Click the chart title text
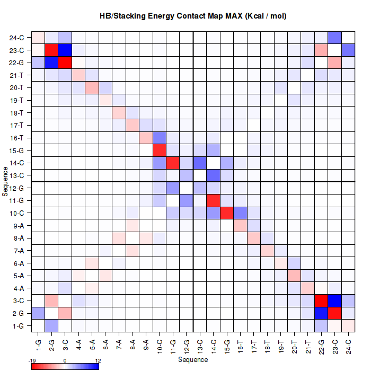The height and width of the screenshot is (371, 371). click(x=193, y=16)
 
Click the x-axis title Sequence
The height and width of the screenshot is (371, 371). click(x=193, y=360)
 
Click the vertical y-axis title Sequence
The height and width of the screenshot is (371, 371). click(x=5, y=182)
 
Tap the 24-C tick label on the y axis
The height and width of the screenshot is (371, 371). click(x=16, y=38)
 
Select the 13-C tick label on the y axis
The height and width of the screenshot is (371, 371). click(x=16, y=176)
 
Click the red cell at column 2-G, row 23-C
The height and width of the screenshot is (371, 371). click(x=51, y=51)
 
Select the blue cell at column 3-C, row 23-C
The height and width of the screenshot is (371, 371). click(x=65, y=51)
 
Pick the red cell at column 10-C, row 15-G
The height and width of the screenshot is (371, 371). click(x=160, y=151)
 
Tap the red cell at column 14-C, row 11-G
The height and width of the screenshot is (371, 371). click(x=214, y=201)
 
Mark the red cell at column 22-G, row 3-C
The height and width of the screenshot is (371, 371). click(x=322, y=301)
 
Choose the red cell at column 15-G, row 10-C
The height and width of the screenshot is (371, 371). click(x=227, y=214)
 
